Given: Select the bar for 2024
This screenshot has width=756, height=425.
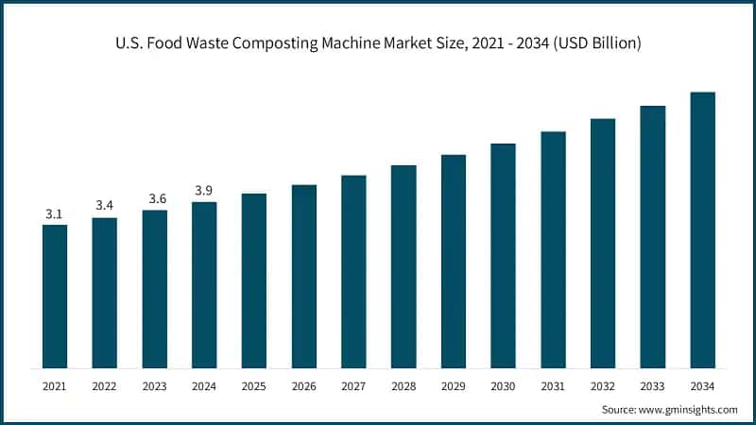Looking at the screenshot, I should [204, 284].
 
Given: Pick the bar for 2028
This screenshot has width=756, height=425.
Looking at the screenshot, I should [404, 266].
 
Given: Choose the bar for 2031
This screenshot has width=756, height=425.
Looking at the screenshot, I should [553, 249].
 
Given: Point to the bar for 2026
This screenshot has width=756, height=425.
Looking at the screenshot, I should [303, 276].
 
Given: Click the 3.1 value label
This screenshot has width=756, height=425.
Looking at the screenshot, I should [55, 214].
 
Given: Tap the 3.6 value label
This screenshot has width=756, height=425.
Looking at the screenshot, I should [154, 199].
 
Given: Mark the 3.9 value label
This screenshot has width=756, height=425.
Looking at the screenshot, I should [204, 191].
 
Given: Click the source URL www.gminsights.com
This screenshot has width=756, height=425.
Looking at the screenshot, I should [688, 409].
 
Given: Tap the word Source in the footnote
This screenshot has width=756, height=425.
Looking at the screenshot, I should [619, 409].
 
